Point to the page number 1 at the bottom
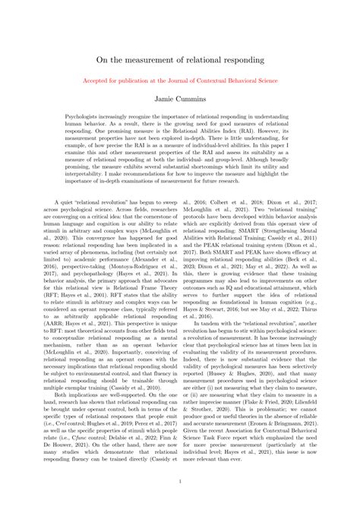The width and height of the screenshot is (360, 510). pyautogui.click(x=180, y=480)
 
